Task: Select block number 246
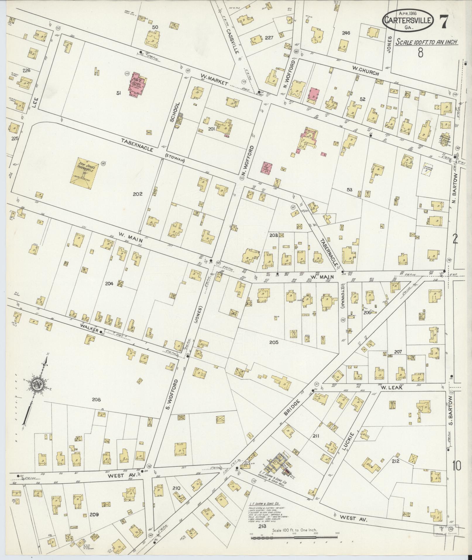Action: click(346, 33)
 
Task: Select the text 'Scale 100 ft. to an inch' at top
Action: click(427, 42)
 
